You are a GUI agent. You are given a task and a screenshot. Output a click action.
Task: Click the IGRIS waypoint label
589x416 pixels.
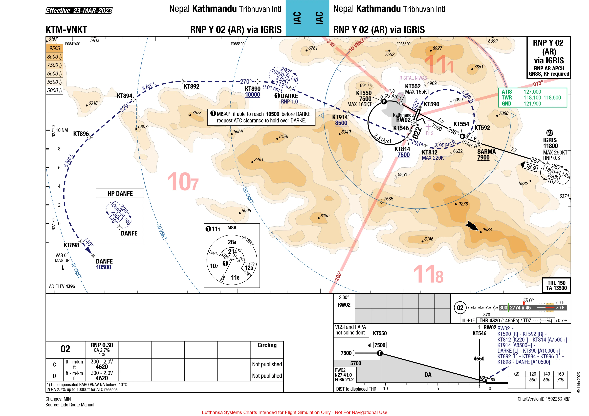point(550,140)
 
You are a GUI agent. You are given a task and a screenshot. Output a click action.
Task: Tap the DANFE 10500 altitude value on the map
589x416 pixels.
point(103,267)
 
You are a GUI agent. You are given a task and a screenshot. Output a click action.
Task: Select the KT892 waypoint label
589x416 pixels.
point(191,87)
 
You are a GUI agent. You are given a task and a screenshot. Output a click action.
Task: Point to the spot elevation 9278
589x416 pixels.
point(463,204)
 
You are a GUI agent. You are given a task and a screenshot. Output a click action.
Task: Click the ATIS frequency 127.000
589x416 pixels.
point(532,92)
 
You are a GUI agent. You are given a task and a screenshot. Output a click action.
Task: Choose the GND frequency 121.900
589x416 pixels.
point(532,104)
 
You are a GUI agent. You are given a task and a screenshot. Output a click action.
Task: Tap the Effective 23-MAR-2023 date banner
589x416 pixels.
point(79,11)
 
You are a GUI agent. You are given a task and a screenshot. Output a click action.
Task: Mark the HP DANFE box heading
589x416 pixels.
point(120,194)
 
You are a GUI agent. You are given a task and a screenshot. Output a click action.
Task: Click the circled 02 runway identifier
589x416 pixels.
point(460,308)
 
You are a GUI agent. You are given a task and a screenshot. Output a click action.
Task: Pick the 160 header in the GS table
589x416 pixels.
point(560,374)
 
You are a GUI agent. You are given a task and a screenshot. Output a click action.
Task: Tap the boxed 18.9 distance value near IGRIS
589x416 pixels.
point(531,167)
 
